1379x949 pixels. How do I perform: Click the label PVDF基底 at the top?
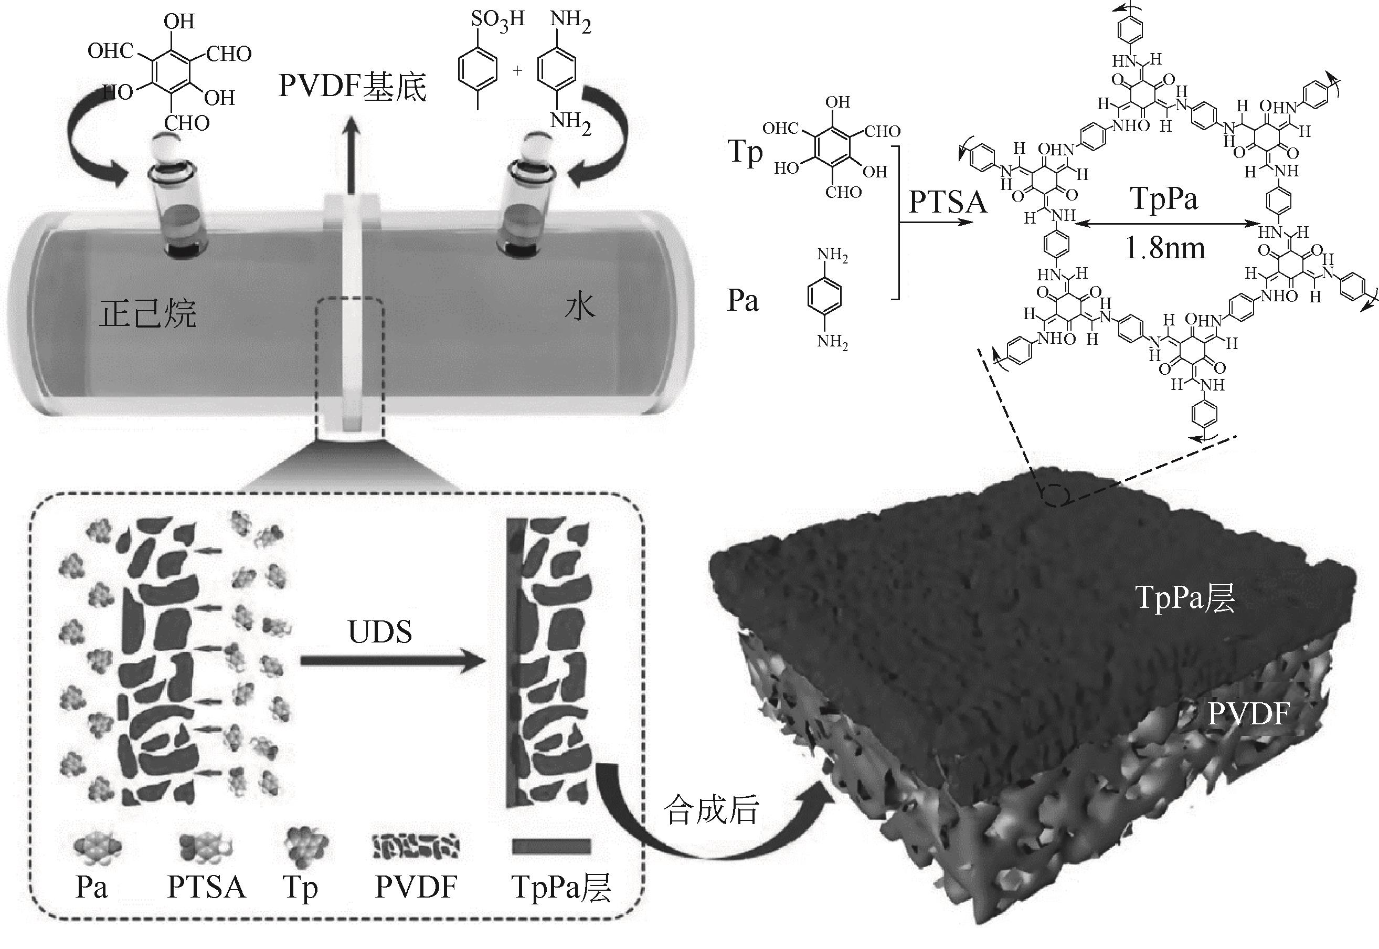click(x=353, y=87)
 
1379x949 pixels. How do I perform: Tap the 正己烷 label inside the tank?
click(x=147, y=313)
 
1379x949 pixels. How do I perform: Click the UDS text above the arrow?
click(x=380, y=632)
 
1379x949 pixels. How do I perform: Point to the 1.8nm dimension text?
click(x=1165, y=248)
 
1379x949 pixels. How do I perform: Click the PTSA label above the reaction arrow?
click(x=948, y=202)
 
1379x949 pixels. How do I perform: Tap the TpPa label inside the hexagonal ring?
click(x=1164, y=198)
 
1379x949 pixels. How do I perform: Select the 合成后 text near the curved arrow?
click(x=712, y=810)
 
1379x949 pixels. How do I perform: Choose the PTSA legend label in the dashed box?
click(x=206, y=887)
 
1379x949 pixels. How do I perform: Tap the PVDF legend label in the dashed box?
click(x=416, y=887)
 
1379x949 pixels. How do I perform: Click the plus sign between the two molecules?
click(x=518, y=71)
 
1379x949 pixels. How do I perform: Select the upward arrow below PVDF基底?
click(x=353, y=155)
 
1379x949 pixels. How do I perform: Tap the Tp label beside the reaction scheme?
click(x=745, y=153)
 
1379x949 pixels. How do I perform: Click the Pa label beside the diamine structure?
click(x=743, y=301)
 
